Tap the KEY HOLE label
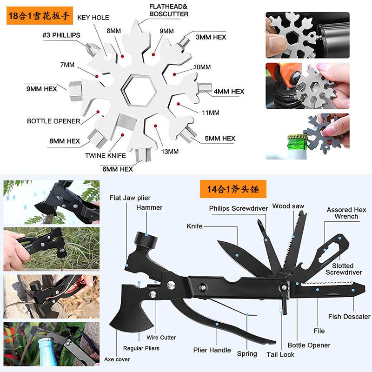point(93,18)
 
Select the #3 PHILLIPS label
point(61,35)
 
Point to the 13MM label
point(170,151)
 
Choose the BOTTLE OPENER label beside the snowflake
point(53,121)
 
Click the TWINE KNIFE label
point(106,155)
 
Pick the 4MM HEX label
point(229,92)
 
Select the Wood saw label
point(288,206)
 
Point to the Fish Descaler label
point(349,317)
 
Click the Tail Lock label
point(280,354)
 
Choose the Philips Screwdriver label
point(239,209)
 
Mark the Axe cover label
point(117,359)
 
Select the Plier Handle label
point(212,350)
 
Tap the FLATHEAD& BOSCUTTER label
point(169,10)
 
